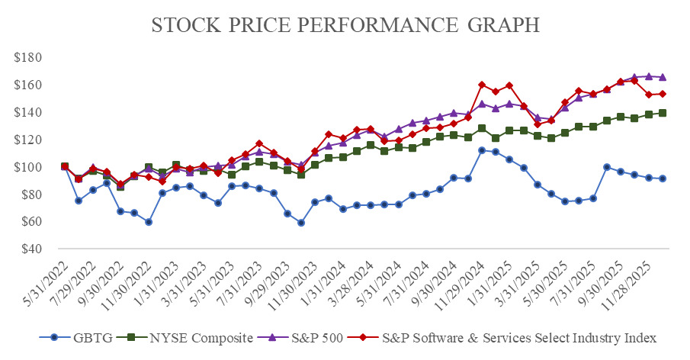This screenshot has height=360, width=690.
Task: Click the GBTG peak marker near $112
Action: tap(482, 150)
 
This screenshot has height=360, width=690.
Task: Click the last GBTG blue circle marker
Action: tap(663, 178)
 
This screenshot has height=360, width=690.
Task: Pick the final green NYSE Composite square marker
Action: tap(663, 113)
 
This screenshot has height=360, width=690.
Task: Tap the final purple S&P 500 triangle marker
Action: tap(663, 77)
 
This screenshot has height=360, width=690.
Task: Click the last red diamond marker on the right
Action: tap(663, 94)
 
